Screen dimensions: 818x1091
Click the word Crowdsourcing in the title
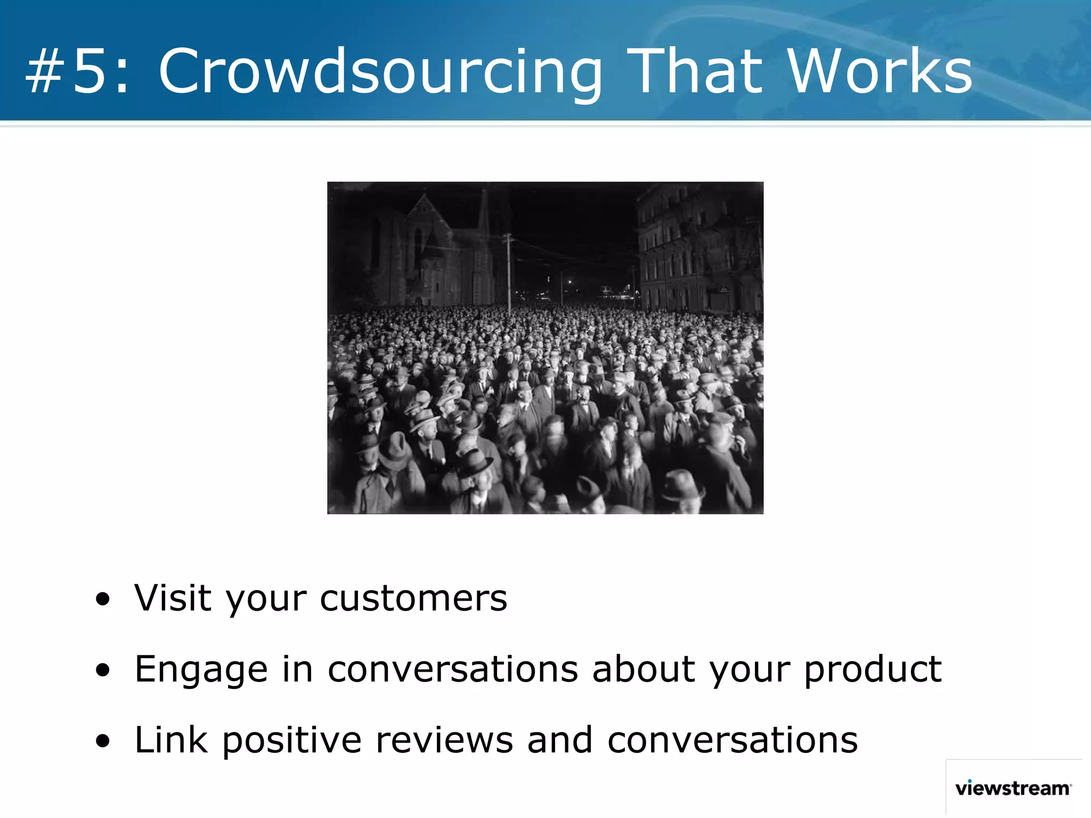pos(380,72)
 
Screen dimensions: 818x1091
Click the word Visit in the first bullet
pos(173,598)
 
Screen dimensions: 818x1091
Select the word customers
pos(413,599)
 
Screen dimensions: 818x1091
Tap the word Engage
pos(201,669)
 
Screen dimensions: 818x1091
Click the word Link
pos(171,740)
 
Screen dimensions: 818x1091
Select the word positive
pos(292,740)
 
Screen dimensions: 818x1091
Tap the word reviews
pos(444,740)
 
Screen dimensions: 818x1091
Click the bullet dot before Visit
pos(103,600)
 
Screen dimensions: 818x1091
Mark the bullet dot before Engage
pos(103,670)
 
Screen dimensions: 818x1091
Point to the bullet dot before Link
pos(103,741)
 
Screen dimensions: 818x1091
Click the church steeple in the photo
pos(484,213)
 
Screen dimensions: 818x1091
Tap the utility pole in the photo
pos(509,272)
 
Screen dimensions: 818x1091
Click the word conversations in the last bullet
pos(732,740)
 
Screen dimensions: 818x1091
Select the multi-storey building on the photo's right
pos(698,250)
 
